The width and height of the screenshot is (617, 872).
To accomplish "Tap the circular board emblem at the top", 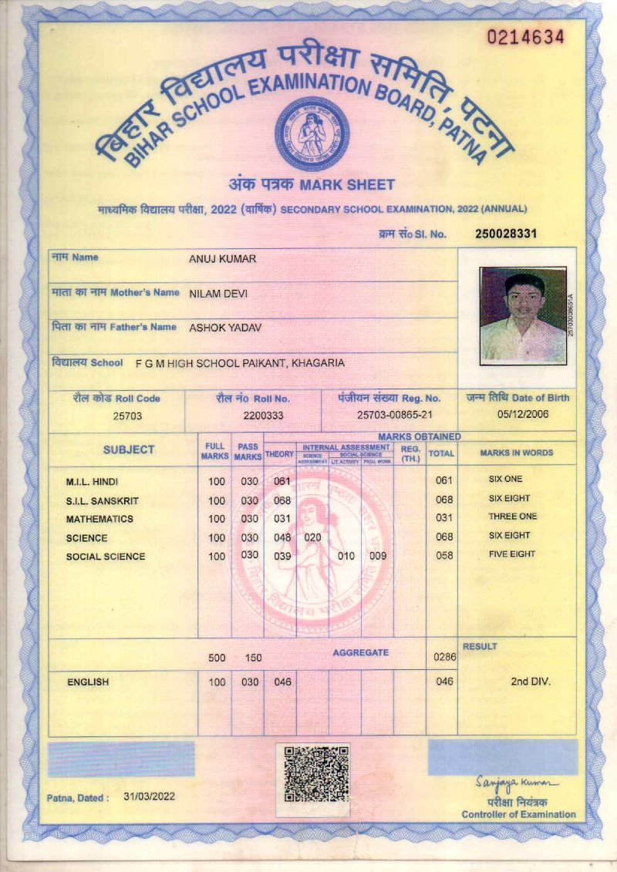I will [x=312, y=133].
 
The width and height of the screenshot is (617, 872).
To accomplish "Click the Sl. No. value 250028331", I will [x=506, y=234].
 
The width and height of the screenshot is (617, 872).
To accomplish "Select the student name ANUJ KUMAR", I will [x=222, y=259].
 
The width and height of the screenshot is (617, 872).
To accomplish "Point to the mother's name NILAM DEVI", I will [x=218, y=294].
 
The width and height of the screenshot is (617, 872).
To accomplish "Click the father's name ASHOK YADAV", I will [x=225, y=328].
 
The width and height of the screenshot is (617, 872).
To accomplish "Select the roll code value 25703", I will [x=127, y=416].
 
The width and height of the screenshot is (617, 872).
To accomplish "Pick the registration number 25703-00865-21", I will [x=389, y=416].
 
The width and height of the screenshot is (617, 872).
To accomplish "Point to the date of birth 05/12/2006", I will [x=517, y=415].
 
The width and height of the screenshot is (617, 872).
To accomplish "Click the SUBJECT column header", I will [x=129, y=449].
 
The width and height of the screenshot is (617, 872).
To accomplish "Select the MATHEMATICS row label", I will [x=99, y=519].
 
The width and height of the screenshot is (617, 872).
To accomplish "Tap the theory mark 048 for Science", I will [x=282, y=537].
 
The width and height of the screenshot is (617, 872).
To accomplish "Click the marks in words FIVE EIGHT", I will [x=511, y=554].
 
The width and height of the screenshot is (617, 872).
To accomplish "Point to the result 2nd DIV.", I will [x=531, y=682].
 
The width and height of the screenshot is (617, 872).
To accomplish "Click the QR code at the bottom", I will [x=312, y=773].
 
